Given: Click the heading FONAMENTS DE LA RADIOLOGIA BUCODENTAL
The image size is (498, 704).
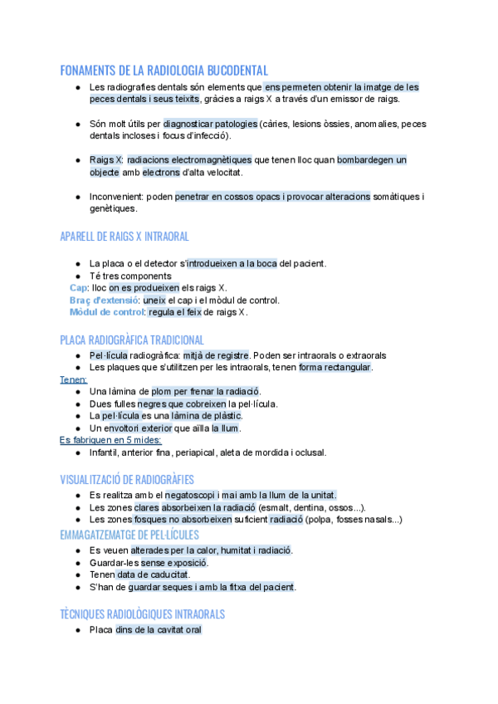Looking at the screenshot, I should [x=164, y=71].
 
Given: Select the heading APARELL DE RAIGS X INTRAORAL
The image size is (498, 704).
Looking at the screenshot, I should [x=124, y=237].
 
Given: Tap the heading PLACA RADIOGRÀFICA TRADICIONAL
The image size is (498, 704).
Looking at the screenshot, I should [x=132, y=340].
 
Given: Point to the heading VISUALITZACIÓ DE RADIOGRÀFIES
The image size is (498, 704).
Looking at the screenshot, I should [x=127, y=479].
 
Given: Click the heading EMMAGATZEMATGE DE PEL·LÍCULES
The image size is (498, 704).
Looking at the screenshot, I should [x=127, y=535].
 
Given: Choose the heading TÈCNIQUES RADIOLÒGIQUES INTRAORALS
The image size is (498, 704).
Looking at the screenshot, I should [x=142, y=614].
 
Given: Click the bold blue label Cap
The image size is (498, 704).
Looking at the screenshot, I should [x=79, y=287].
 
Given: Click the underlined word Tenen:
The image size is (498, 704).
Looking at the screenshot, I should [x=74, y=379].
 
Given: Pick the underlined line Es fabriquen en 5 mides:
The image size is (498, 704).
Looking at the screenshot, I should [x=110, y=440].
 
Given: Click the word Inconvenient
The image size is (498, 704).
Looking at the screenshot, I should [x=118, y=197].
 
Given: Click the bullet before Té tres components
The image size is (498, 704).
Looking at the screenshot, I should [x=77, y=276].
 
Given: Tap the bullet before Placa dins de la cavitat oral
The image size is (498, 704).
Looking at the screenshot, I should [x=77, y=630].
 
